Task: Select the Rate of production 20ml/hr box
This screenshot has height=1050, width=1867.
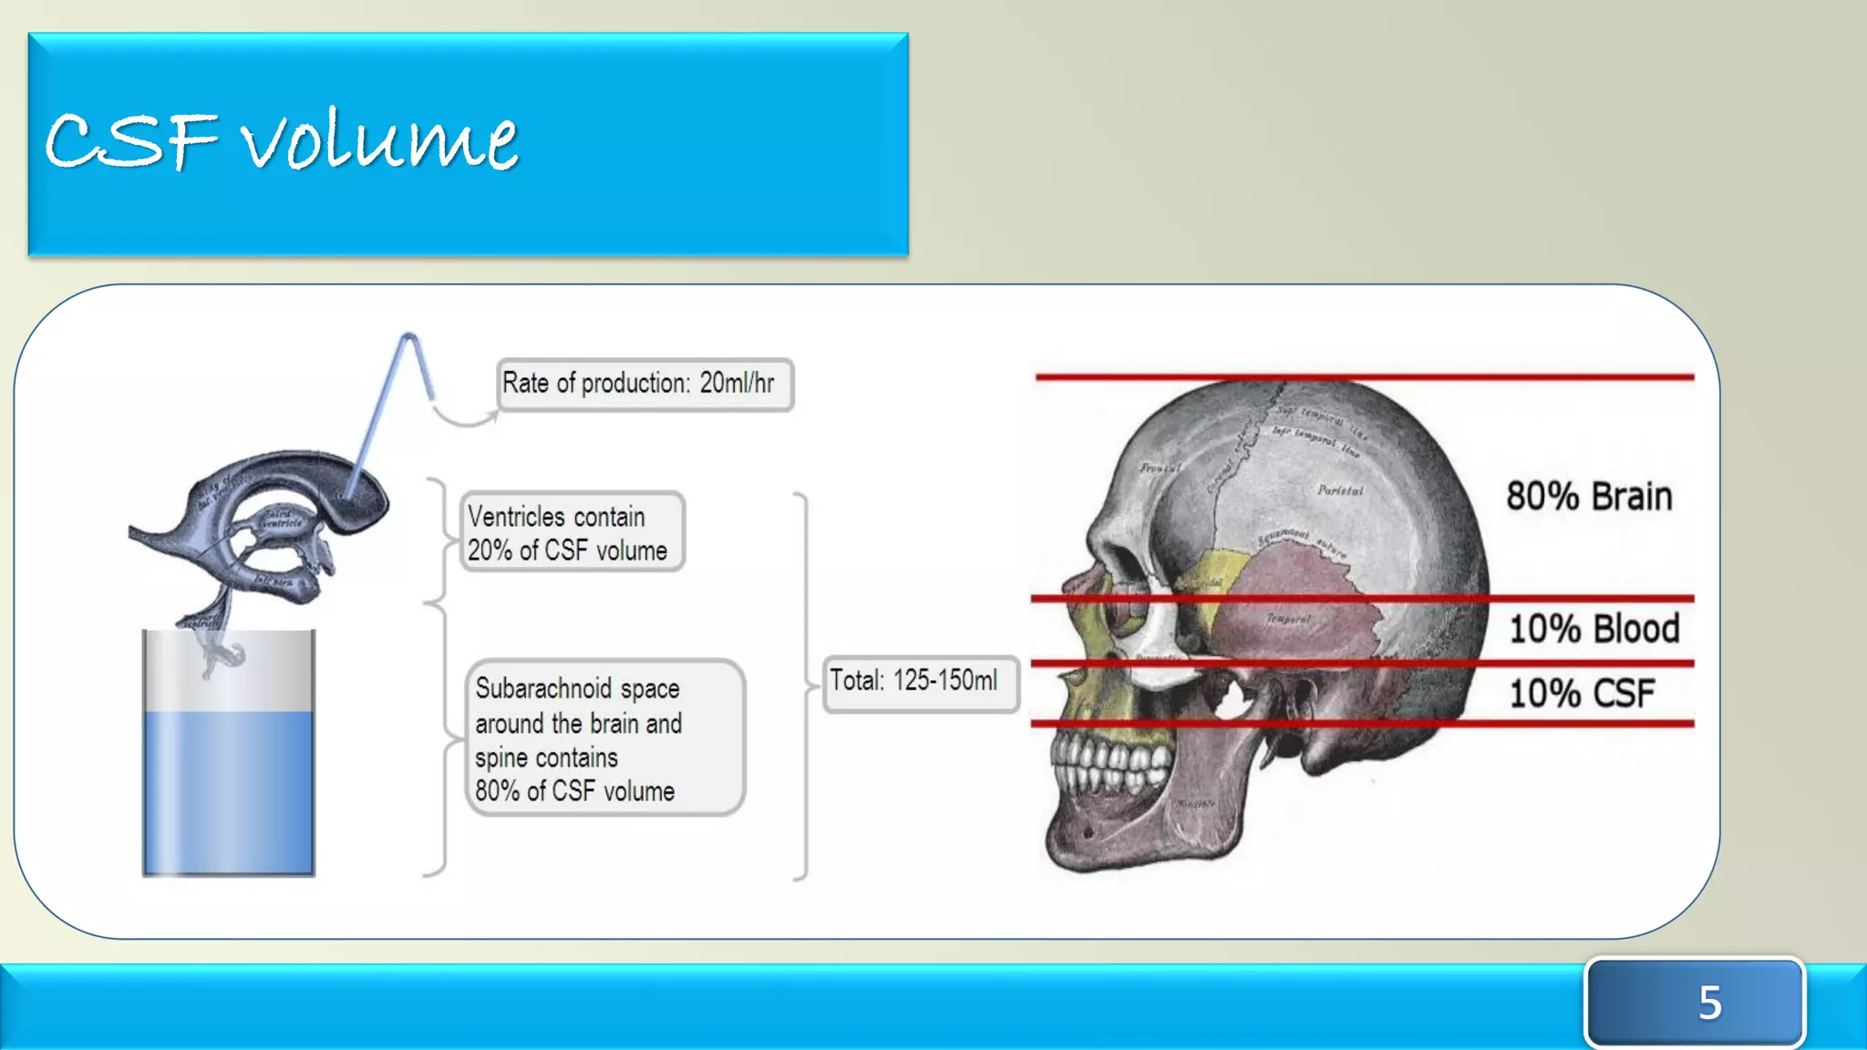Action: pyautogui.click(x=645, y=385)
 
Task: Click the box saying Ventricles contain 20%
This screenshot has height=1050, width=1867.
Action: pyautogui.click(x=572, y=532)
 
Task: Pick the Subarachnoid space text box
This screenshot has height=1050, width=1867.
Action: pyautogui.click(x=604, y=738)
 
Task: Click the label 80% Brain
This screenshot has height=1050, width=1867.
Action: pyautogui.click(x=1589, y=498)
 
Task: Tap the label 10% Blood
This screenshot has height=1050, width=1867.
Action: pyautogui.click(x=1594, y=629)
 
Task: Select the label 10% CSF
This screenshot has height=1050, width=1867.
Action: pyautogui.click(x=1581, y=694)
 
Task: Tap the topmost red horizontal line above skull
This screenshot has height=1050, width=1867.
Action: pyautogui.click(x=1364, y=376)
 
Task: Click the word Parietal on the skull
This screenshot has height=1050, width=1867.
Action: pyautogui.click(x=1340, y=490)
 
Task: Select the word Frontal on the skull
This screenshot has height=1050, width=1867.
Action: pyautogui.click(x=1160, y=468)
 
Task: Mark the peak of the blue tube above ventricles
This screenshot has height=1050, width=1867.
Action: pyautogui.click(x=409, y=338)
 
